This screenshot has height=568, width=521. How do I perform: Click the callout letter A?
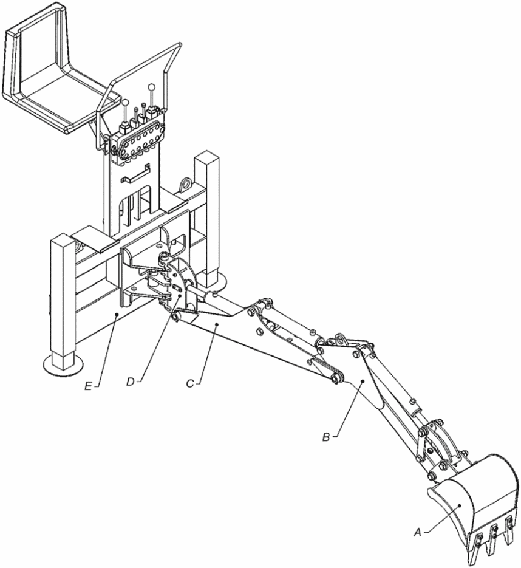tap(418, 533)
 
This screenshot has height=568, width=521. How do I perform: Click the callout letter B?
tap(326, 437)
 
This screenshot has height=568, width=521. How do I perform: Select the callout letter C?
tap(190, 383)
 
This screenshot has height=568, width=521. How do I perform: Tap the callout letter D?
tap(131, 382)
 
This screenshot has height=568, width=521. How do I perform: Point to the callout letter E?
tap(88, 386)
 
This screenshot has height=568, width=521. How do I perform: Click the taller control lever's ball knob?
tap(151, 87)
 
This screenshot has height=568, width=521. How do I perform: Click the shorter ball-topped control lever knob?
tap(126, 103)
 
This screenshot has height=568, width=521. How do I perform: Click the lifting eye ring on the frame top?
tap(186, 183)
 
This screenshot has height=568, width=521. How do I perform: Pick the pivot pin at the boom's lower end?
tap(176, 317)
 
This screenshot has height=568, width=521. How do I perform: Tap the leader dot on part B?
tap(363, 381)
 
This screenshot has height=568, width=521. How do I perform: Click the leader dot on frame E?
tap(116, 315)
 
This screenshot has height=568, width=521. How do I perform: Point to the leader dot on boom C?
tap(216, 324)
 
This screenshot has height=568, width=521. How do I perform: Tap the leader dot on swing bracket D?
tap(180, 296)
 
